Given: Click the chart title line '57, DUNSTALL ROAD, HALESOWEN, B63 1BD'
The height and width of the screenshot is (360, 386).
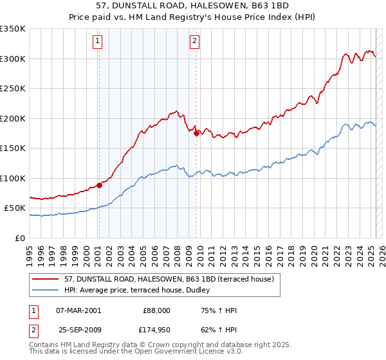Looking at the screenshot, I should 192,6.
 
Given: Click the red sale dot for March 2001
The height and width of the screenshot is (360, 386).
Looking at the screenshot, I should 99,185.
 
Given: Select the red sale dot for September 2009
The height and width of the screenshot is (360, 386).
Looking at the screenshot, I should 196,134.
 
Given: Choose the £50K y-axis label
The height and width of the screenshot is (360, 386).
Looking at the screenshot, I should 15,208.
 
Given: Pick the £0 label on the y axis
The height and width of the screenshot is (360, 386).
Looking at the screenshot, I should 21,238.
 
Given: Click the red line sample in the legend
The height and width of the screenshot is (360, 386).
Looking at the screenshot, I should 46,279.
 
